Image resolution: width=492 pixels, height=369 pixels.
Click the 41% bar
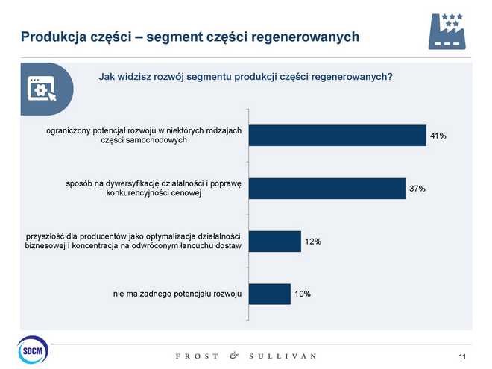click(337, 135)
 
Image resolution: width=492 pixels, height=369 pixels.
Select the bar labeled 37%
click(327, 189)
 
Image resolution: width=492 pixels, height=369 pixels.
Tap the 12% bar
click(274, 242)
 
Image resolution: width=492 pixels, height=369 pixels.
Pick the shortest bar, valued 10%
click(269, 294)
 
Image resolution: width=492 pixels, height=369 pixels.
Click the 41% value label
click(438, 136)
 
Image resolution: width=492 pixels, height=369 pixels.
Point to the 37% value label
click(417, 189)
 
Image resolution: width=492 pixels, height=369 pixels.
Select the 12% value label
click(312, 242)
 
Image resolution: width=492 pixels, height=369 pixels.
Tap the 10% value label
click(302, 294)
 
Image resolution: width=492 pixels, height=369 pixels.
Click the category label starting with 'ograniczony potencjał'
click(144, 135)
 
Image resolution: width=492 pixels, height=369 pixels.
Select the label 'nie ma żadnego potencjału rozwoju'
click(177, 294)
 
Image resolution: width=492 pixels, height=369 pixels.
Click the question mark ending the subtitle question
click(390, 76)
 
